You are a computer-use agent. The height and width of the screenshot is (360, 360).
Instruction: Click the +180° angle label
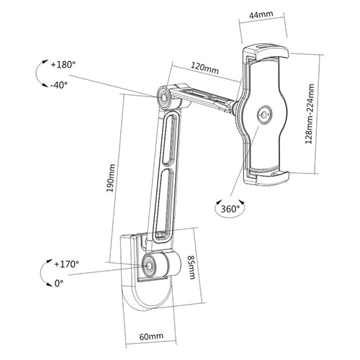coord(62,64)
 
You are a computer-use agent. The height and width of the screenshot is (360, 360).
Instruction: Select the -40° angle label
coord(60,84)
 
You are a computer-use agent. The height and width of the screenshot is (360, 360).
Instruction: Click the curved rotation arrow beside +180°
coord(38,73)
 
